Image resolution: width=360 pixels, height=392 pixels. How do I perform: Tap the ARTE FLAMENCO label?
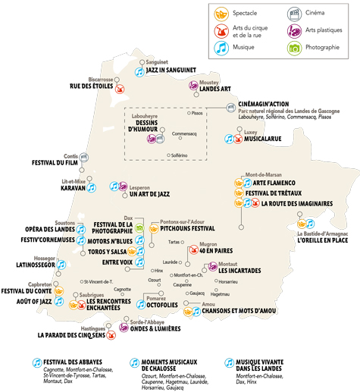click(x=278, y=183)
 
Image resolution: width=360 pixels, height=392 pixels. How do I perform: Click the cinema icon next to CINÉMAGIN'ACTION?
click(x=230, y=108)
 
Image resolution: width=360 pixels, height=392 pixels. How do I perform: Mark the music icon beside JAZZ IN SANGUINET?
click(x=139, y=71)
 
